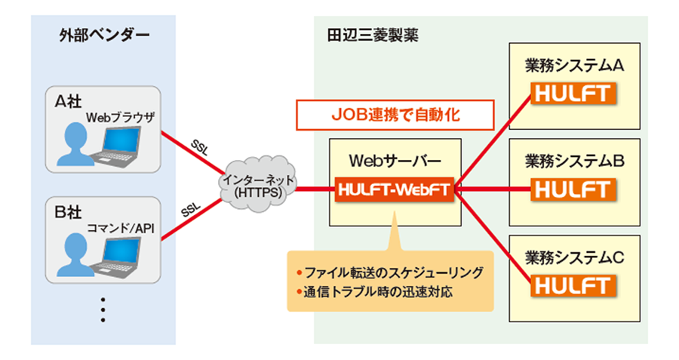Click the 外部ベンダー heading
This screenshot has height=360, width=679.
104,35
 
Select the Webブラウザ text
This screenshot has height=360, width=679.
121,118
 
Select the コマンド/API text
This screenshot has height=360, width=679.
121,228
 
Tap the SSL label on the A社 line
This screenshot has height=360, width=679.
201,145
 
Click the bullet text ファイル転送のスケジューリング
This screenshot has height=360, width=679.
393,272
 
